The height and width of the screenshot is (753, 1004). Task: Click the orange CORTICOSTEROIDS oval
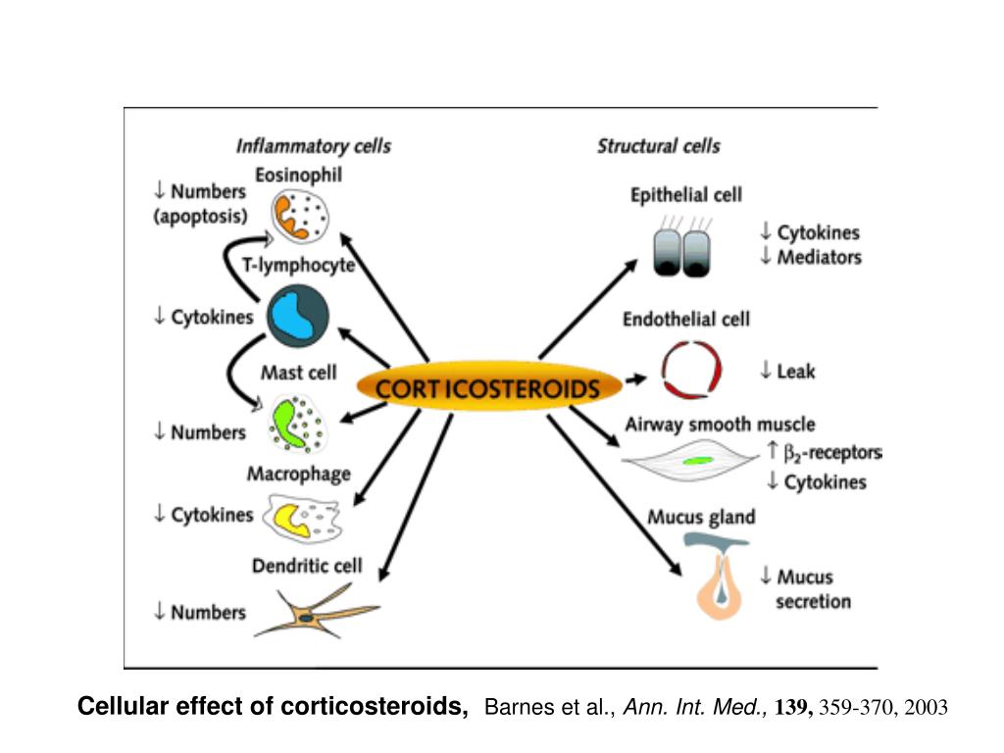tap(488, 387)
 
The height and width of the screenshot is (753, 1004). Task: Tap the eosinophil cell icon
tap(302, 216)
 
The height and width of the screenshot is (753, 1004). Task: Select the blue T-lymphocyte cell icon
tap(297, 316)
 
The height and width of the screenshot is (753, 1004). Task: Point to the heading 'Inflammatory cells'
tap(314, 146)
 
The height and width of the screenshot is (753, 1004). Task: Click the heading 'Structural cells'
tap(658, 146)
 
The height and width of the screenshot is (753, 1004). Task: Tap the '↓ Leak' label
tap(787, 371)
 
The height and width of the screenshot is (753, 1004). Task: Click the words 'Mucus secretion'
tap(813, 589)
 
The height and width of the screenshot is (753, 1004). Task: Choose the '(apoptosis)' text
tap(201, 216)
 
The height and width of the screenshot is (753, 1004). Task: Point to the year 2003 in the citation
tap(927, 707)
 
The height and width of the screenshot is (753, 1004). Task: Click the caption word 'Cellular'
tap(121, 706)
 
